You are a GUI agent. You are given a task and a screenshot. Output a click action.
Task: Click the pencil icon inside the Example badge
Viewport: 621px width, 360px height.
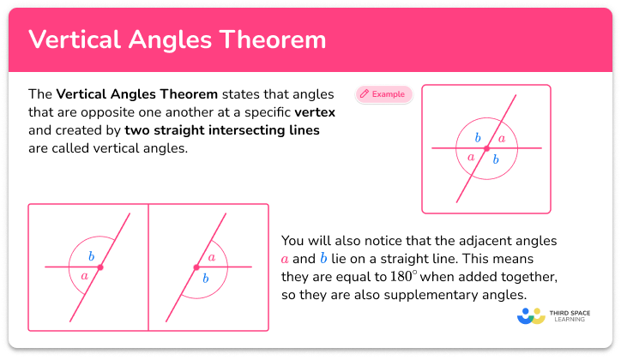tap(365, 93)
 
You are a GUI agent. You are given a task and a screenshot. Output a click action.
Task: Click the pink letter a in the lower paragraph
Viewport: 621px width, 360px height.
tap(285, 259)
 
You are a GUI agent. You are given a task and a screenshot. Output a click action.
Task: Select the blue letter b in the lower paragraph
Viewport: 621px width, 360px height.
tap(323, 258)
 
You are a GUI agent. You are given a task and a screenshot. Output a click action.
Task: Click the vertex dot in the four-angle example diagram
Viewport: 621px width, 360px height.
tap(486, 149)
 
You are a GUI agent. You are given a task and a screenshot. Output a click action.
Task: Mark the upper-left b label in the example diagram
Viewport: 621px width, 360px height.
tap(478, 138)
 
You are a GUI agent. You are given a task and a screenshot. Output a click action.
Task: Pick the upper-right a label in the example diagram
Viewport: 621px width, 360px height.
tap(502, 139)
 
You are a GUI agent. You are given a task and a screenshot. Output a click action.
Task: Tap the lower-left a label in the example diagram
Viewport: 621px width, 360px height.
tap(471, 158)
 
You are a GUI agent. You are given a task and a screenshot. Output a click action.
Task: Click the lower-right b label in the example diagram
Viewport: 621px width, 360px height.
tap(495, 159)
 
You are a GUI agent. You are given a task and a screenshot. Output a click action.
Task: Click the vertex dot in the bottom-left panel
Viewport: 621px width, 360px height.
tap(100, 267)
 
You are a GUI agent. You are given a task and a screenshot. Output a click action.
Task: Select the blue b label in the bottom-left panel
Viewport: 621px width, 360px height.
tap(92, 256)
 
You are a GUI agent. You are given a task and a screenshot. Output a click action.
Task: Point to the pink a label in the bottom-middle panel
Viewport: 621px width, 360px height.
tap(212, 256)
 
